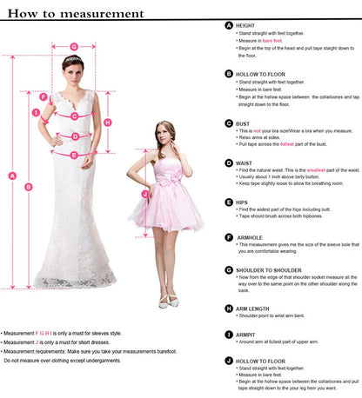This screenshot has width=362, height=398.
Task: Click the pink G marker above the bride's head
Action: click(74, 46)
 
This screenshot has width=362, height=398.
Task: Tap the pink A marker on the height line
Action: click(12, 176)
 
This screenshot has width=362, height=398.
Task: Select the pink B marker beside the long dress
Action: click(28, 186)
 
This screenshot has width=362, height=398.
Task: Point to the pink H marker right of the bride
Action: click(107, 123)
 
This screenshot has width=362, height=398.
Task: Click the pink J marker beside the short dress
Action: click(132, 194)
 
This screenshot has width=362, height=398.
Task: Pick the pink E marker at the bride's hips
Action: click(74, 155)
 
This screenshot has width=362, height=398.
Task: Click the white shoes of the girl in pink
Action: click(169, 302)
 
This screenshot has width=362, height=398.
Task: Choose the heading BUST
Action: click(244, 124)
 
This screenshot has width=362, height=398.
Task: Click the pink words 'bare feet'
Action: click(270, 40)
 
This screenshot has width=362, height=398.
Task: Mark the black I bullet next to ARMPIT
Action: click(229, 334)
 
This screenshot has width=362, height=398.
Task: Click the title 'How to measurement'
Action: click(77, 13)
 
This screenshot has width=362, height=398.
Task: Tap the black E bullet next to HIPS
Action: click(229, 202)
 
